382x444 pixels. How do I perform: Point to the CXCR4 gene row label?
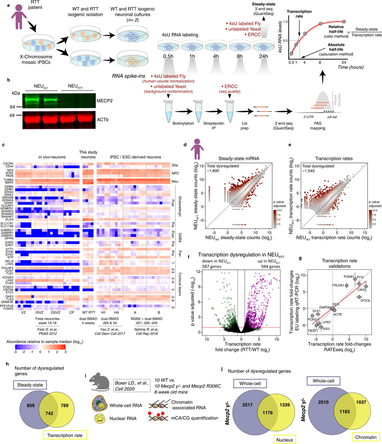pos(8,164)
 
